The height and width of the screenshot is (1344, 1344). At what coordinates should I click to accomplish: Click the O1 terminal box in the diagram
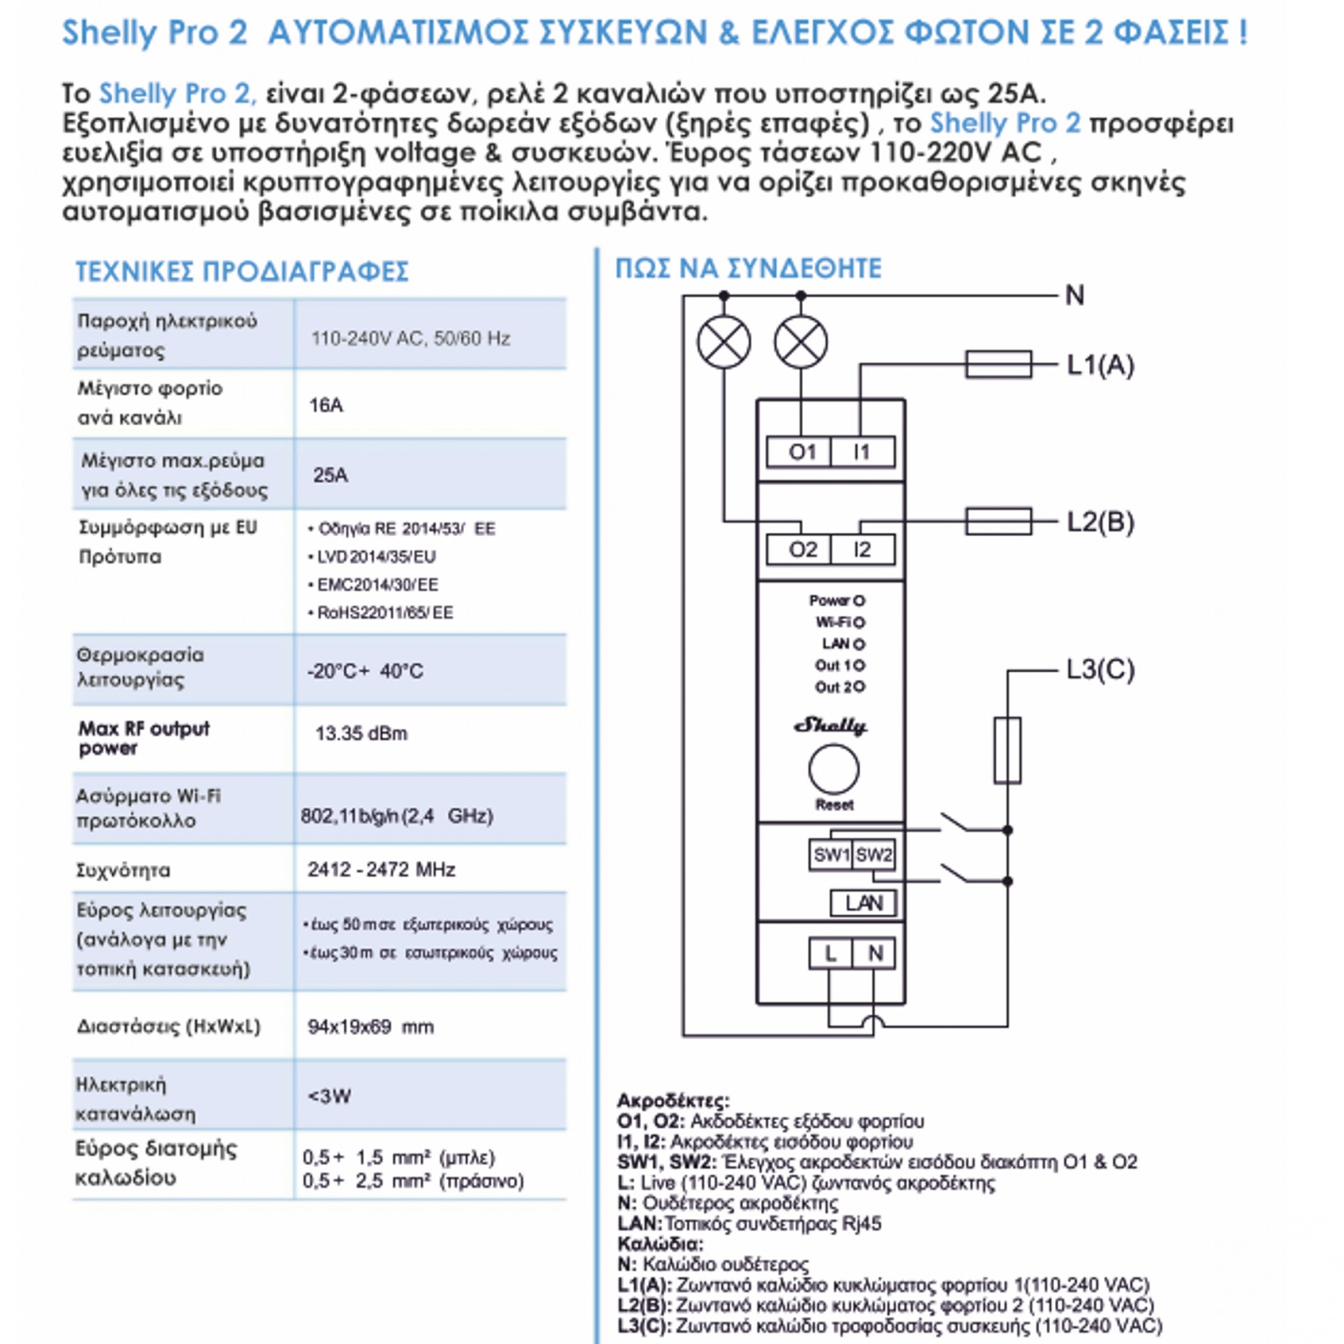pyautogui.click(x=799, y=452)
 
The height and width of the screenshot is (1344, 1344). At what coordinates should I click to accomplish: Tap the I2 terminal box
pyautogui.click(x=862, y=549)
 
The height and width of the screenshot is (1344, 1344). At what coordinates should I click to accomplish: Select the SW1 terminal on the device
pyautogui.click(x=831, y=855)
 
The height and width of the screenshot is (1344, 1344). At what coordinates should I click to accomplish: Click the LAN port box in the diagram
pyautogui.click(x=863, y=903)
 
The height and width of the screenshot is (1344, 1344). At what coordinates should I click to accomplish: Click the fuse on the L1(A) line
pyautogui.click(x=998, y=365)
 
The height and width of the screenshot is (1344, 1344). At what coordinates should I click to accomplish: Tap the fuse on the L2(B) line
pyautogui.click(x=998, y=521)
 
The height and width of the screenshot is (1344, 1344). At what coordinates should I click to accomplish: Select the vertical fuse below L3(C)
pyautogui.click(x=1007, y=750)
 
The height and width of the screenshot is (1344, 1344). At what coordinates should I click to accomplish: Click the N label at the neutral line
pyautogui.click(x=1074, y=295)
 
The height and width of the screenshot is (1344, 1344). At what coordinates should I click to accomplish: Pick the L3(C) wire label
pyautogui.click(x=1100, y=670)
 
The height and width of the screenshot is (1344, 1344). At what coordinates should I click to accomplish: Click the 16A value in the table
pyautogui.click(x=326, y=405)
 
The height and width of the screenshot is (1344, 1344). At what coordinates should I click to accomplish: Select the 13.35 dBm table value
pyautogui.click(x=361, y=734)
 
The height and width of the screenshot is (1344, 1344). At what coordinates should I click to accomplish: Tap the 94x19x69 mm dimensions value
pyautogui.click(x=370, y=1027)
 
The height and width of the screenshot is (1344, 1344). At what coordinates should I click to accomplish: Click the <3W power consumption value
pyautogui.click(x=329, y=1096)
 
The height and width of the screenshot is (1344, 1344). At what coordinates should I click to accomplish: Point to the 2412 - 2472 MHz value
pyautogui.click(x=381, y=869)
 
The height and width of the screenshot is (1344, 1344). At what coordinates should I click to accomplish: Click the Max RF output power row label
pyautogui.click(x=144, y=738)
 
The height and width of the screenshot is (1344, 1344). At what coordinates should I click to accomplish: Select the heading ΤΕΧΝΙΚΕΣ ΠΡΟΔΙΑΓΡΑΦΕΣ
pyautogui.click(x=242, y=272)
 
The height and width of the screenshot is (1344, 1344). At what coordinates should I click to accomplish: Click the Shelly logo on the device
pyautogui.click(x=831, y=726)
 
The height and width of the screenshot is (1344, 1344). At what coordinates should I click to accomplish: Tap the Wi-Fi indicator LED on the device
pyautogui.click(x=860, y=622)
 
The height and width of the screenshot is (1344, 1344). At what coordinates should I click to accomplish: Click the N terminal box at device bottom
pyautogui.click(x=875, y=953)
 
